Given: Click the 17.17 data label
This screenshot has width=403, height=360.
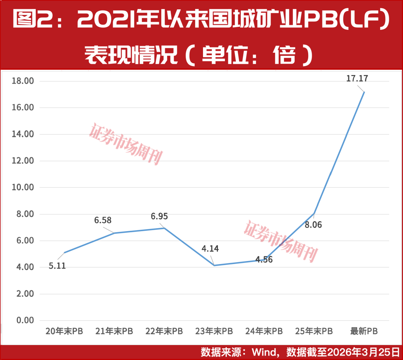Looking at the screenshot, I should [357, 79].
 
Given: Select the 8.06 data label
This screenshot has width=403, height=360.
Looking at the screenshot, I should [313, 225].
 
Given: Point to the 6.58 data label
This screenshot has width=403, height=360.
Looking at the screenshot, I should [103, 220].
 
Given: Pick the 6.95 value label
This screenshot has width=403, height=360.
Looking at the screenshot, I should [159, 216].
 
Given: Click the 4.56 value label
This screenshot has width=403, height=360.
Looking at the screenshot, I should [263, 259].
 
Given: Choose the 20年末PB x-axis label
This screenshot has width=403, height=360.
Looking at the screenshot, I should [64, 331].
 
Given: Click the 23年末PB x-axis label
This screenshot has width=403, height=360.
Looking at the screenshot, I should [214, 331].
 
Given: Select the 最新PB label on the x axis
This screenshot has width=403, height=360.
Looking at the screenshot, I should [364, 331].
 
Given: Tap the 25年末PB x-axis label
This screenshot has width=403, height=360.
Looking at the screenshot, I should [314, 331].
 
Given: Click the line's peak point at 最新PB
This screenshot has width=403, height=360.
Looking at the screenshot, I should [364, 92].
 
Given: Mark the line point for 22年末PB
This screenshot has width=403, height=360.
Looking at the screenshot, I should [164, 228].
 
